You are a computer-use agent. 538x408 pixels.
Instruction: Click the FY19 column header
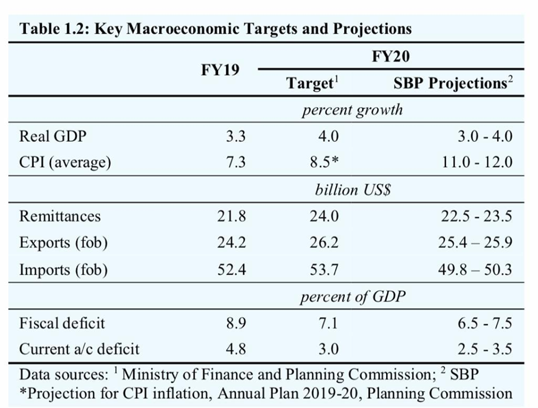click(220, 70)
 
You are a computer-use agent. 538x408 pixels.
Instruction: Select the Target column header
click(313, 84)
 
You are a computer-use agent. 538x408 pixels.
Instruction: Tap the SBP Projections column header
click(452, 84)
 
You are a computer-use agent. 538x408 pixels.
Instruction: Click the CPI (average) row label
click(65, 163)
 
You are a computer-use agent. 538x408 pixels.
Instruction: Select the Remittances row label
click(60, 216)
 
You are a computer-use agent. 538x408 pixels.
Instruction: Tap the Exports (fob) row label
click(63, 243)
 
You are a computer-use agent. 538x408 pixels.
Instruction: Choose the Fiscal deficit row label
click(62, 323)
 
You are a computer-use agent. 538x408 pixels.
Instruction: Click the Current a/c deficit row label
click(79, 349)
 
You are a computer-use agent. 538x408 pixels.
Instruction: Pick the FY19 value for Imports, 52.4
click(231, 270)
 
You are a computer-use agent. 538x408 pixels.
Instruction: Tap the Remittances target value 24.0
click(324, 216)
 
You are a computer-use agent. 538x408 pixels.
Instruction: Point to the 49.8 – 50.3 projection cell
click(475, 270)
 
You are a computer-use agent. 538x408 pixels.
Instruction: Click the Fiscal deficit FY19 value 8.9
click(234, 323)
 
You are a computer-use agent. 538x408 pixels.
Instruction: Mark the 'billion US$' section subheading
click(353, 189)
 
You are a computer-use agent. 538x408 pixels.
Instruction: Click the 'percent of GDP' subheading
click(353, 296)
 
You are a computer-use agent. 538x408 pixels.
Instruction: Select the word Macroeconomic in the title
click(184, 29)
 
